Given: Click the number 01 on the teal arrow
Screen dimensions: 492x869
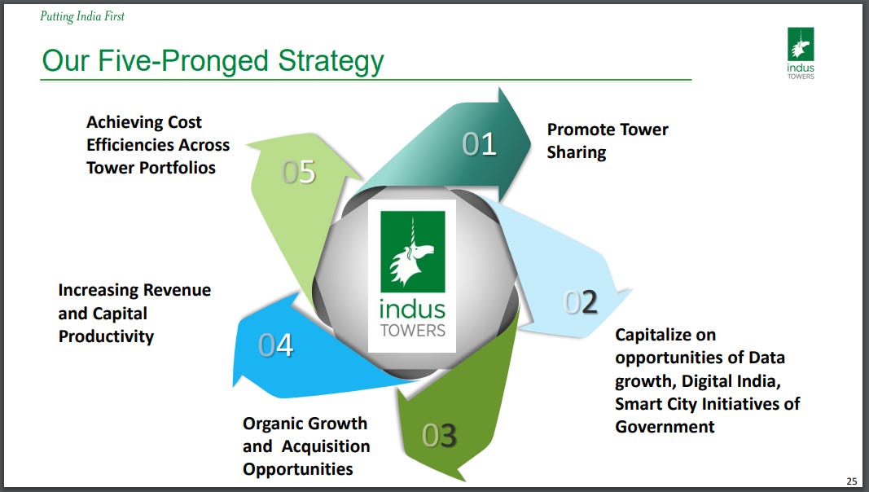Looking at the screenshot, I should point(480,144).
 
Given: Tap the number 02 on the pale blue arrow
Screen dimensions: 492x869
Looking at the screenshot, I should point(582,302).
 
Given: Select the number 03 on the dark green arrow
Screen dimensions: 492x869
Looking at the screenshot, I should point(439,436).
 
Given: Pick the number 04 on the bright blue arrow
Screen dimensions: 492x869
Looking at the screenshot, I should point(275,345).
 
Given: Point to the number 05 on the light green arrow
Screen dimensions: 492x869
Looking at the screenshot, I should point(299,173).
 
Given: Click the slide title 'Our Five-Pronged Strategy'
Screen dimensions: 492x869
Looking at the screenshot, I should point(213,61).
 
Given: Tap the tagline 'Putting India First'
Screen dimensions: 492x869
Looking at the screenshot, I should point(82,16).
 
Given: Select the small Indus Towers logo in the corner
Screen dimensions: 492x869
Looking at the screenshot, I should point(801,54).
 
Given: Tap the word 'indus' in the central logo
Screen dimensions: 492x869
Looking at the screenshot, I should point(412,310).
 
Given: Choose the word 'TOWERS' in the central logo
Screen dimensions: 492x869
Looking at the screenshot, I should point(412,331).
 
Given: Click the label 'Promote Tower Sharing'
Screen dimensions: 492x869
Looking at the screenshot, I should point(607,141).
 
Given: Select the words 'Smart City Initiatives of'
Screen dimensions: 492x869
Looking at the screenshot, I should point(707,403).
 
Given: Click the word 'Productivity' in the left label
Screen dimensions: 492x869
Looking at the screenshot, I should point(106,336).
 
